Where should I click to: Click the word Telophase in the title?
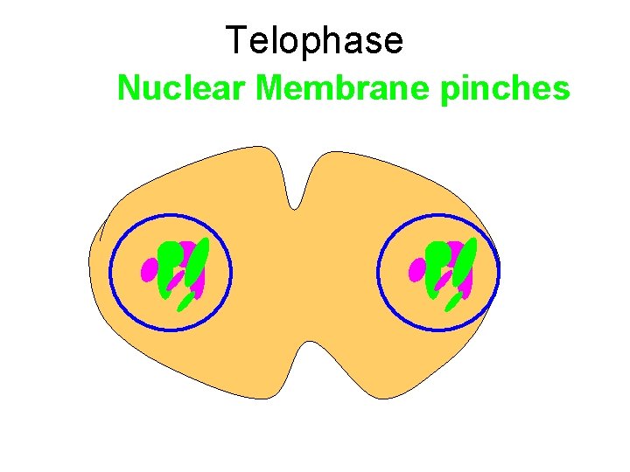(314, 41)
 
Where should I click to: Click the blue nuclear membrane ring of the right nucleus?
(378, 272)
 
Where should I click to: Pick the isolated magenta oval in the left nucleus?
(148, 270)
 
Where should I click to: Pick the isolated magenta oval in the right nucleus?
(416, 270)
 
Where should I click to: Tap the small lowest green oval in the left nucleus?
(185, 302)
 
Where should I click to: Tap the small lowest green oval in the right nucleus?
(453, 302)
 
